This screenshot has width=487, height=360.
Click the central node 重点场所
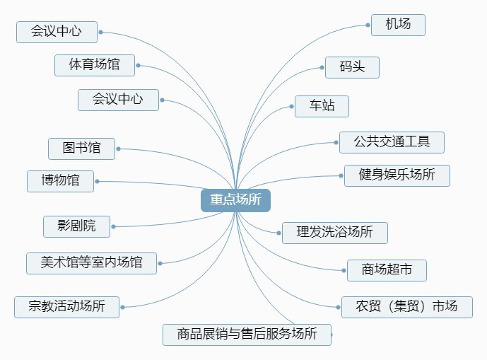(235, 200)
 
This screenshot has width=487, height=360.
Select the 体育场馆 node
(94, 65)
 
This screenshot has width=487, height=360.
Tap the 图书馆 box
(81, 149)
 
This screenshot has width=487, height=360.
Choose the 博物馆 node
(60, 181)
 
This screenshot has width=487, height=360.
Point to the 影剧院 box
(77, 226)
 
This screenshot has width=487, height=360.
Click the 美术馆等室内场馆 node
(91, 263)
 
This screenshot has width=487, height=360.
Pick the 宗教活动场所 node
(66, 307)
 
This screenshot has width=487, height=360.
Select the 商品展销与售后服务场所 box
(246, 334)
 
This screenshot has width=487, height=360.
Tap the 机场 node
(399, 25)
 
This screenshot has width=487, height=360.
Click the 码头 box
(352, 67)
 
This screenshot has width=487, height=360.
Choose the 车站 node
(322, 106)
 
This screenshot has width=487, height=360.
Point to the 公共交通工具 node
(392, 141)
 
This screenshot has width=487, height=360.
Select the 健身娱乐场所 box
(397, 175)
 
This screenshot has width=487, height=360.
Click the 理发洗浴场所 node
(334, 232)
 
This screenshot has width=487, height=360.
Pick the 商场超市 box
(387, 270)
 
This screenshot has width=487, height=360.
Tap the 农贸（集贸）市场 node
(406, 307)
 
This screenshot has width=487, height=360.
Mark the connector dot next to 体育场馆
(138, 65)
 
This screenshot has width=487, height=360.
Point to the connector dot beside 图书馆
(118, 149)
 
